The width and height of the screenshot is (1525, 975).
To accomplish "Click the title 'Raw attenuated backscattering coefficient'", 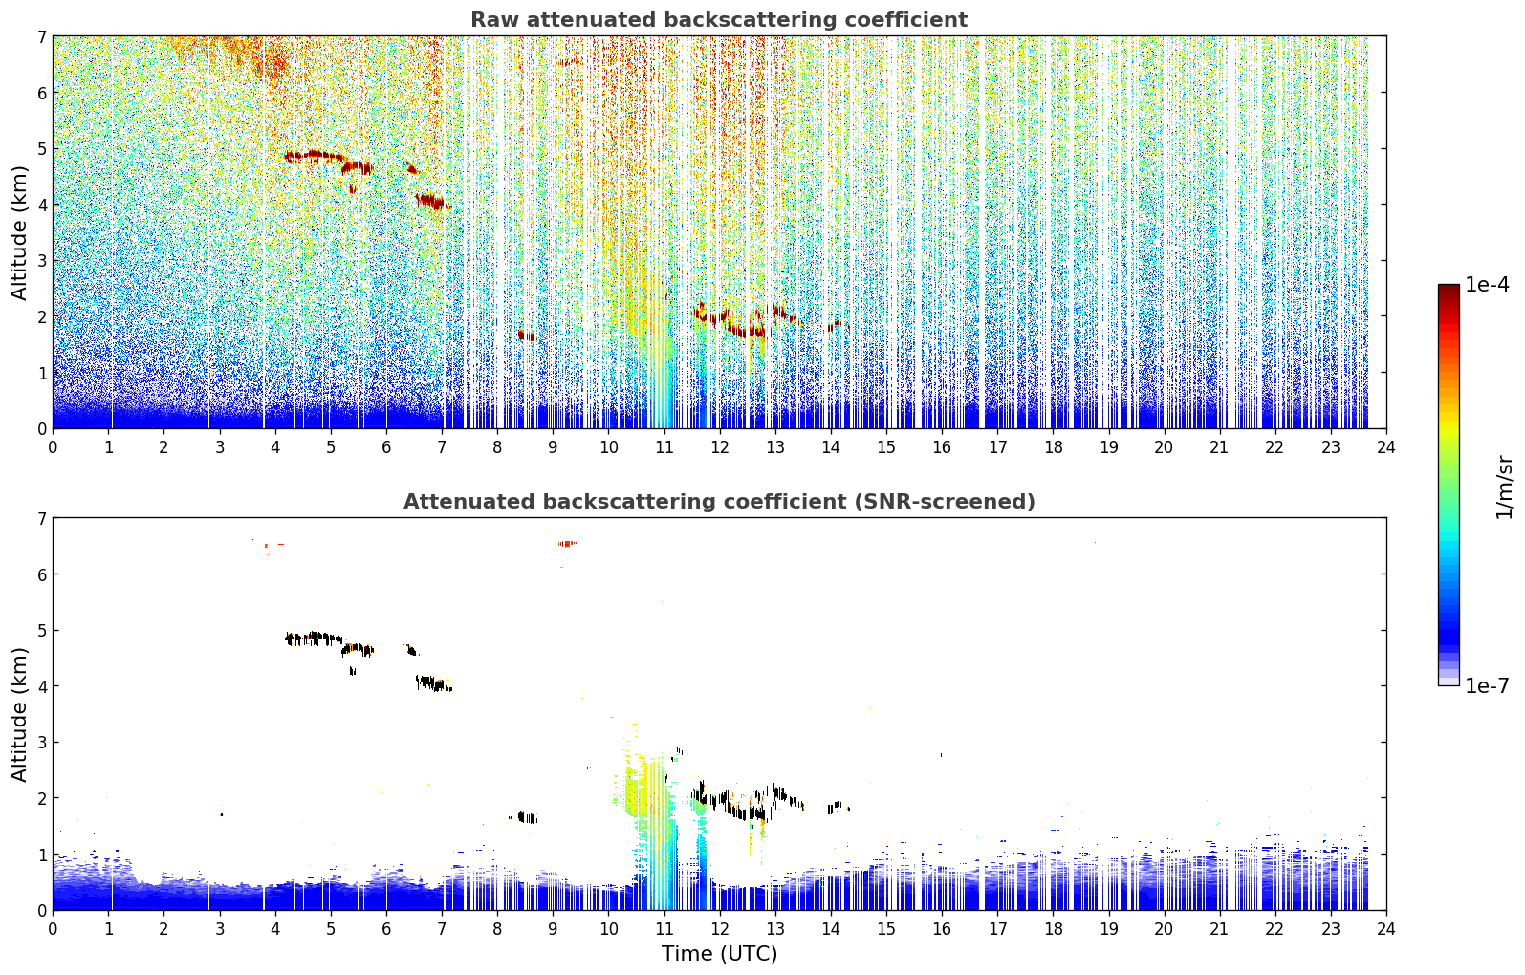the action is (x=719, y=20).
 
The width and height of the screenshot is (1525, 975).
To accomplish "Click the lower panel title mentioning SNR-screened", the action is (x=719, y=502).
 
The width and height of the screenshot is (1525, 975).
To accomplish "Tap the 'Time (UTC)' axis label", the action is (x=719, y=953).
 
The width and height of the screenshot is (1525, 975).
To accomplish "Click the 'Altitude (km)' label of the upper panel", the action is (x=19, y=233).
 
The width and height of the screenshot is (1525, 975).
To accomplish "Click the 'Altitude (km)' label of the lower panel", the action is (x=19, y=715).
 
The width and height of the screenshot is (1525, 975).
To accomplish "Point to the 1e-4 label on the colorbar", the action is (x=1487, y=285).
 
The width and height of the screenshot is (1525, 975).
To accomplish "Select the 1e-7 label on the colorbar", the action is (x=1487, y=685).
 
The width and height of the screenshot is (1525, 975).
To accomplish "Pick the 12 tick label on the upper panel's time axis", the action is (x=720, y=447).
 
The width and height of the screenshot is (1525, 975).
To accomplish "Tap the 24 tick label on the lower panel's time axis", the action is (x=1386, y=929).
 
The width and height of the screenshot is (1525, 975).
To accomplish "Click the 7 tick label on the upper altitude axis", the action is (x=42, y=36).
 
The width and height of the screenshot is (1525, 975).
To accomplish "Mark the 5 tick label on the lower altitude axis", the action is (x=42, y=631).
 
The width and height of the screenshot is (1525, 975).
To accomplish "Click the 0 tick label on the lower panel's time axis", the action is (x=54, y=929).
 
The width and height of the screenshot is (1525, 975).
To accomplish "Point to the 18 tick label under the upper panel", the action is (x=1054, y=447).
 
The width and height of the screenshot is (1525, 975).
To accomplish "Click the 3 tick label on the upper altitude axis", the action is (x=42, y=261).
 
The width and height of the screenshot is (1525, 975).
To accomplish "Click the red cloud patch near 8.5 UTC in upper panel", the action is (x=526, y=336).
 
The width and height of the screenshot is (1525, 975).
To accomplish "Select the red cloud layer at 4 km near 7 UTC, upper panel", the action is (x=431, y=202).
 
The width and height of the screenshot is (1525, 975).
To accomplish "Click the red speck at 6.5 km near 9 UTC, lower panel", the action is (x=567, y=543).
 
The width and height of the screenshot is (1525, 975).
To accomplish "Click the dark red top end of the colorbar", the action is (x=1449, y=289).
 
